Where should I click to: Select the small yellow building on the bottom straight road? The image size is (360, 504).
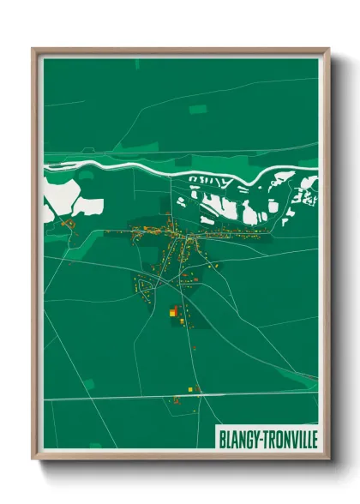[177, 399]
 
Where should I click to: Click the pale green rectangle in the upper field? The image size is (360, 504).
[198, 109]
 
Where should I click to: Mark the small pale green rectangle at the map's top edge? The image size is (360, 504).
[137, 63]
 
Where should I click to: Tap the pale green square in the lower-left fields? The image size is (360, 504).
[89, 384]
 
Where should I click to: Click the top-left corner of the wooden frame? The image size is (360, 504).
[33, 50]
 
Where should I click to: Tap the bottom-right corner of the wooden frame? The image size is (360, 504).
[328, 459]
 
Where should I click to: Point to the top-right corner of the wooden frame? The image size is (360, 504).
[328, 50]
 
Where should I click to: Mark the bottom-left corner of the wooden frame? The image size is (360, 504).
[33, 459]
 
